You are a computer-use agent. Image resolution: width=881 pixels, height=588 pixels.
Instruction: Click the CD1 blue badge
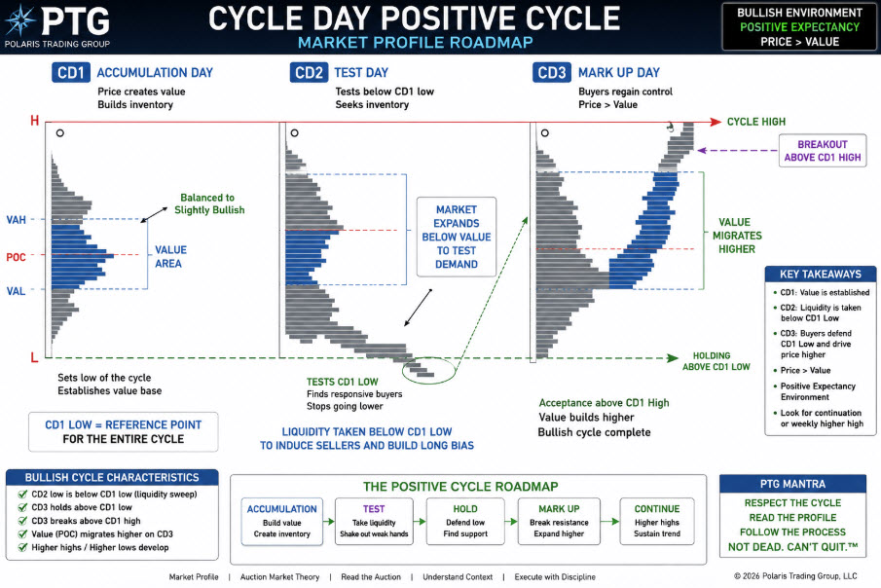point(71,72)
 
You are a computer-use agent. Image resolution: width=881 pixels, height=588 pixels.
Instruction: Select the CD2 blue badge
point(309,72)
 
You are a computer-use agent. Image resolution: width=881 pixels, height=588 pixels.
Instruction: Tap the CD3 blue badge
point(552,72)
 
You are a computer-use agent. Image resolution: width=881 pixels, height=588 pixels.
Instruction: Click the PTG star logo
point(20,20)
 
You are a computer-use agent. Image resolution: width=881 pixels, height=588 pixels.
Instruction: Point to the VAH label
point(16,220)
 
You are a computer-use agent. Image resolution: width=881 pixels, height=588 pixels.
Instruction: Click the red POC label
point(16,257)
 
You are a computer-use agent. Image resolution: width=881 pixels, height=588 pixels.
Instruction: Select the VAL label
point(16,291)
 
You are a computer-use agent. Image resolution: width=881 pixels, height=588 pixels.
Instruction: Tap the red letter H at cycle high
point(35,121)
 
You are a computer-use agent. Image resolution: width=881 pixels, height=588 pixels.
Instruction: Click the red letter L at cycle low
point(34,357)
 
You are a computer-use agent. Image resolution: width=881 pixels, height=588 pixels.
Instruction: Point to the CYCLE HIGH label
point(756,122)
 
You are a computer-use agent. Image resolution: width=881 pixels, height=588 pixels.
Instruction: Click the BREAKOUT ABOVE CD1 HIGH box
point(823,151)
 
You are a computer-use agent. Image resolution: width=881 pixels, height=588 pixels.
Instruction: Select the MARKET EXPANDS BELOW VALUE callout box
point(457,237)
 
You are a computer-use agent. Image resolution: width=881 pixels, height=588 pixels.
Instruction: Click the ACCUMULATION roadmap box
point(282,522)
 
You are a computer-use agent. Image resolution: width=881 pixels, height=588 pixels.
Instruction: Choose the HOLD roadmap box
point(465,522)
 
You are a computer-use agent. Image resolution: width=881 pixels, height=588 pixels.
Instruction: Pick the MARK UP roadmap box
point(559,522)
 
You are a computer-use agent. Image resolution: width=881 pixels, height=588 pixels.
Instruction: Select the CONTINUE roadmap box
point(657,522)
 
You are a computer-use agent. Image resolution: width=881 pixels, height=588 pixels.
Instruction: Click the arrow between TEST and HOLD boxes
point(420,522)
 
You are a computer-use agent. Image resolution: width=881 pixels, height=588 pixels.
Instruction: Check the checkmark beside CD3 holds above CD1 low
point(22,507)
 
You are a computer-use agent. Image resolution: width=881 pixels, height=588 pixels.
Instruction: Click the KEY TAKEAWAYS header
point(821,274)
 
